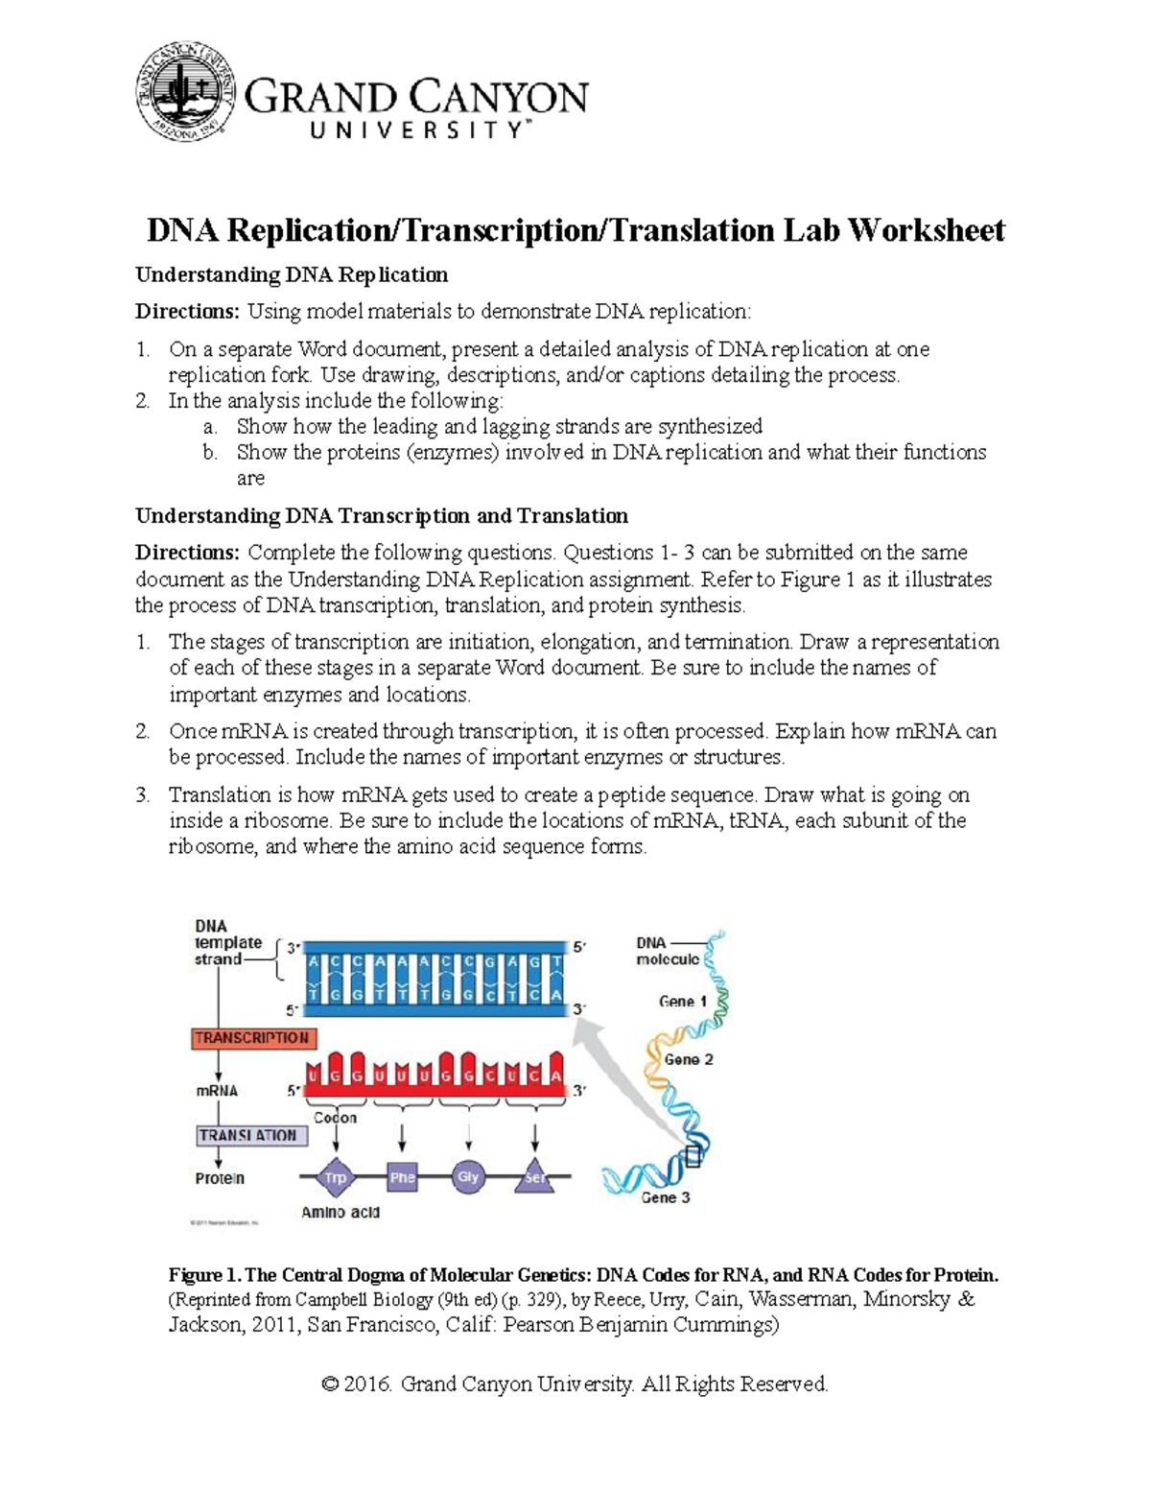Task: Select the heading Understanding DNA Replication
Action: click(292, 275)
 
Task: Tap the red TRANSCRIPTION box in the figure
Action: click(252, 1038)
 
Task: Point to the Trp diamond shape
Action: click(335, 1177)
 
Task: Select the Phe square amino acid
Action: click(402, 1177)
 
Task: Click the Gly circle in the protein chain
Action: click(468, 1177)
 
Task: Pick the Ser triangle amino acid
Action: click(535, 1177)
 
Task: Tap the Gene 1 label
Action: click(683, 1002)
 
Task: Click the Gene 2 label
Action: click(689, 1060)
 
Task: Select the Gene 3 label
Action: click(665, 1197)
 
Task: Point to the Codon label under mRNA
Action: click(336, 1118)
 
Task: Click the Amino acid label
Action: click(341, 1213)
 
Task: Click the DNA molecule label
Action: click(667, 951)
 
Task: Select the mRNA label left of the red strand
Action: click(217, 1091)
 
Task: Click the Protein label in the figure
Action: click(220, 1178)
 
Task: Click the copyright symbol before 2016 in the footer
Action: click(331, 1384)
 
